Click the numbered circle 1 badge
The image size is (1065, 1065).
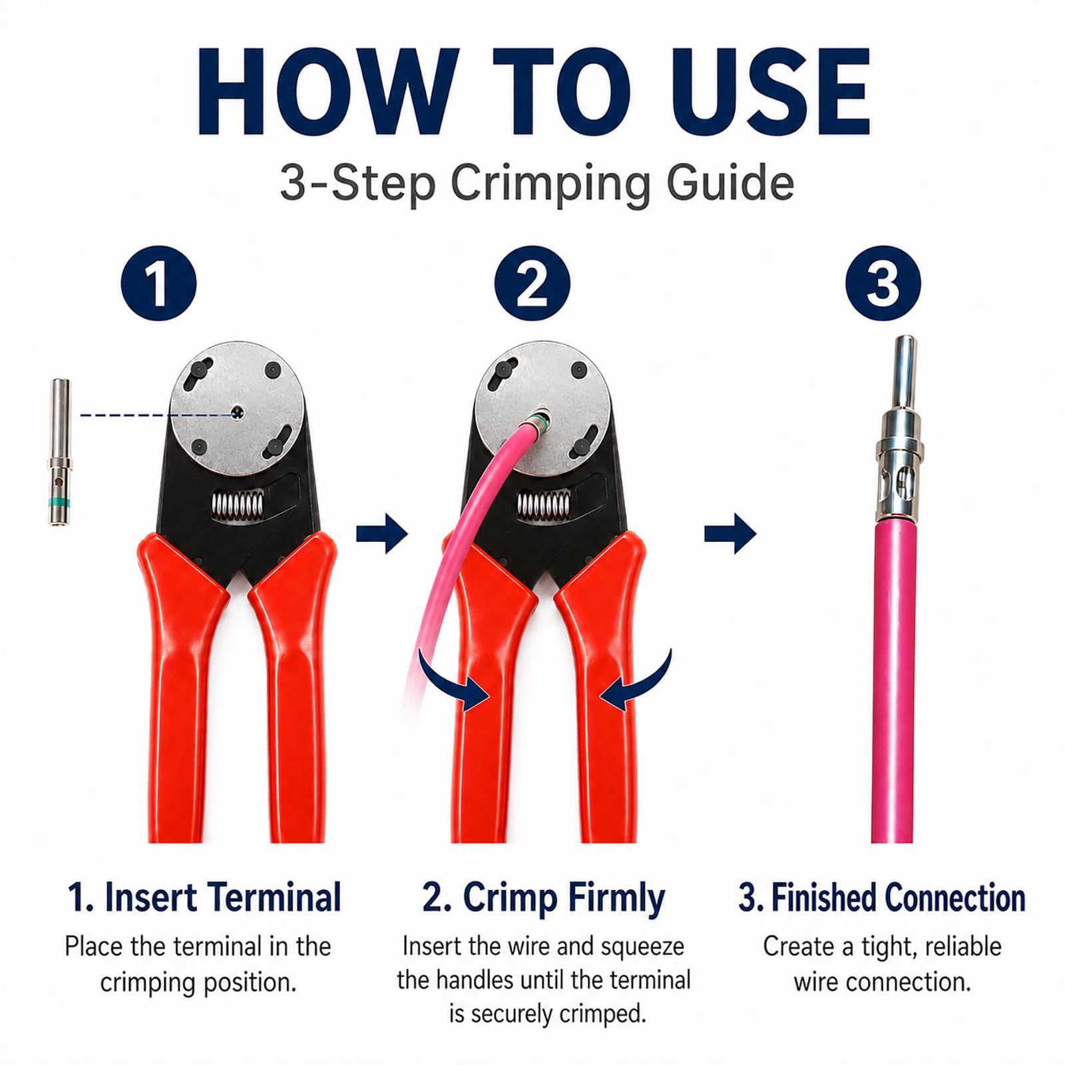tap(158, 284)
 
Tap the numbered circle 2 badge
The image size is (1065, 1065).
tap(532, 284)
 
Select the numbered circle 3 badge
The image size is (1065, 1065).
tap(883, 284)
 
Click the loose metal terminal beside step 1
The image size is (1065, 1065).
tap(60, 453)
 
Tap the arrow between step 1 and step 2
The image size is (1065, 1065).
tap(382, 533)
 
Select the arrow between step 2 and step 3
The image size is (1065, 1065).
tap(730, 533)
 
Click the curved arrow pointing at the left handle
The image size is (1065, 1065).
tap(453, 682)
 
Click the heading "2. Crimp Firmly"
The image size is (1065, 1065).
tap(544, 898)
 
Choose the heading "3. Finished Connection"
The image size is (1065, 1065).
tap(882, 897)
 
